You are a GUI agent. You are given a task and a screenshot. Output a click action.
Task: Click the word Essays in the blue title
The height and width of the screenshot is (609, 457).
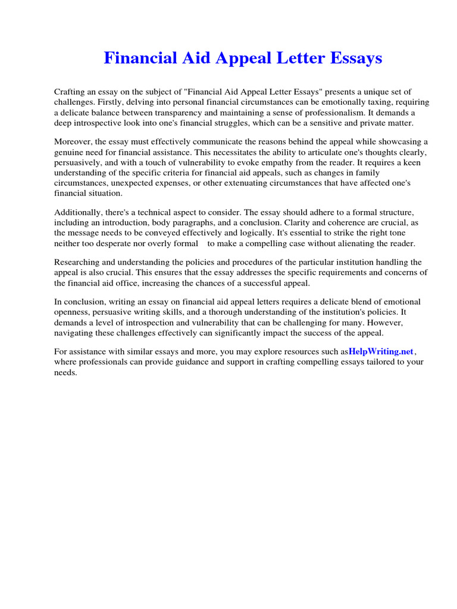click(352, 58)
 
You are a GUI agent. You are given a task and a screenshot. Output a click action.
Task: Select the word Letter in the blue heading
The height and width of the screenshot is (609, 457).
click(295, 58)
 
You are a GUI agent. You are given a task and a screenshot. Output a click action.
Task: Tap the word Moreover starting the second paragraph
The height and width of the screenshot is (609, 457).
click(73, 142)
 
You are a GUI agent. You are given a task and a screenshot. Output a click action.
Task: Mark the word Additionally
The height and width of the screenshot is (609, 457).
click(78, 212)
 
